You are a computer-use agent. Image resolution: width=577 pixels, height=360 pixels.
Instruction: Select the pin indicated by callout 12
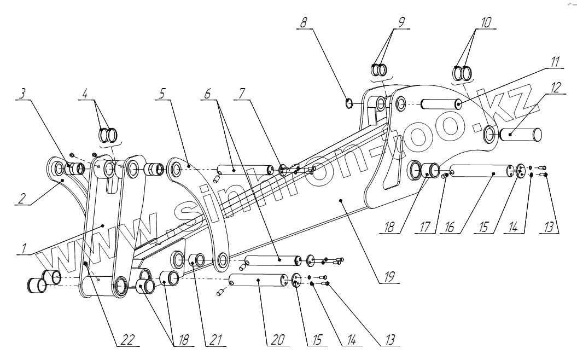[x=523, y=132]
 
